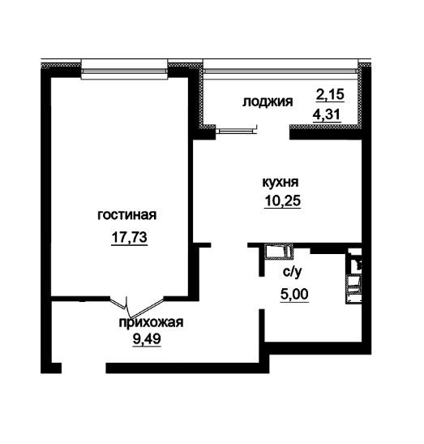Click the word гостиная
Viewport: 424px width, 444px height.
pos(126,215)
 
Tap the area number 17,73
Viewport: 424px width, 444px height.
pos(130,237)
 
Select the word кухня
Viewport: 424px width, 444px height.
pos(281,183)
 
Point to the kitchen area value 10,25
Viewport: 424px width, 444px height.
pos(283,200)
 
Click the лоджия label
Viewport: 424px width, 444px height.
pos(268,101)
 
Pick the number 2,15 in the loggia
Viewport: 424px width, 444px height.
pos(330,95)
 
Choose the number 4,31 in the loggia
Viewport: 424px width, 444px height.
pos(327,115)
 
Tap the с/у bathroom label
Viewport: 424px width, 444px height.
pos(293,273)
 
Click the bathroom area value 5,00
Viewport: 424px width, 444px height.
pos(294,294)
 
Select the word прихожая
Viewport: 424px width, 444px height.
pos(152,322)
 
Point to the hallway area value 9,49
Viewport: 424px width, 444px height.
pos(147,338)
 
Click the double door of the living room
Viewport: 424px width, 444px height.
pos(137,305)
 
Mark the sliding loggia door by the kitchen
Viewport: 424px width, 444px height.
pos(237,131)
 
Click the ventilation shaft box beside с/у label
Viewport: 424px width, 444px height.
pos(279,252)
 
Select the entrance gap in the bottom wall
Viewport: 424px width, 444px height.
pos(84,369)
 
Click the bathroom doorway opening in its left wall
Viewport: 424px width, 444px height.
pos(262,293)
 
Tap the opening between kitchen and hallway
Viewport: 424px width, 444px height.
pos(229,245)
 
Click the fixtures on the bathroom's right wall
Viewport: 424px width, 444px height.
pos(353,276)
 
